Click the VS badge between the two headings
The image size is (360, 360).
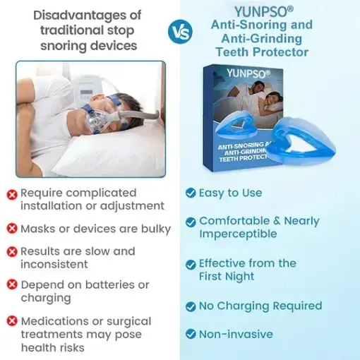tap(179, 32)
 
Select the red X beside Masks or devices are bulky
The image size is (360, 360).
tap(12, 229)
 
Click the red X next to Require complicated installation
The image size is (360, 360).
tap(12, 193)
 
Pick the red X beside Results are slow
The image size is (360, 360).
tap(12, 252)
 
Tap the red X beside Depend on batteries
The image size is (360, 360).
tap(12, 285)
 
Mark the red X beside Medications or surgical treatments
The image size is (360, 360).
tap(12, 322)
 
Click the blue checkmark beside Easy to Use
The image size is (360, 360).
tap(191, 193)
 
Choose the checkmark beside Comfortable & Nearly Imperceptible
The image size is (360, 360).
tap(191, 222)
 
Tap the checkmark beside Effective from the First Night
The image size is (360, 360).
tap(191, 265)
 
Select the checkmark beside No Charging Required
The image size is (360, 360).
tap(191, 306)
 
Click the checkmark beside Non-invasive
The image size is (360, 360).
tap(191, 335)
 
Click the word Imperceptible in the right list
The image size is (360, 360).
tap(238, 234)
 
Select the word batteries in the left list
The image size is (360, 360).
tap(112, 284)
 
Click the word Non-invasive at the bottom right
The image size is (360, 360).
tap(236, 334)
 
